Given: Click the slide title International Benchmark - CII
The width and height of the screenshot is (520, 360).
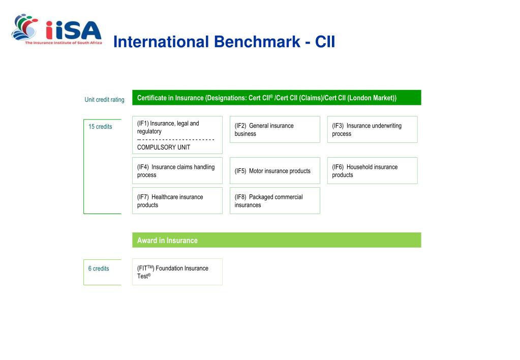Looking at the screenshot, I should (224, 42).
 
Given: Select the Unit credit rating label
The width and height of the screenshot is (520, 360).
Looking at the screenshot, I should (104, 100).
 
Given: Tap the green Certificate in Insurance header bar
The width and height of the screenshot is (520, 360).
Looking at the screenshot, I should (277, 98).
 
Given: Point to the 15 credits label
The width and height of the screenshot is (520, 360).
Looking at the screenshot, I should (100, 127).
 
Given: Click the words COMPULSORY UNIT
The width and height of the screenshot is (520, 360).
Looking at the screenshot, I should (164, 147).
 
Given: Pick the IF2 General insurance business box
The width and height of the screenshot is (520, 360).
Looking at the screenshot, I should (274, 130).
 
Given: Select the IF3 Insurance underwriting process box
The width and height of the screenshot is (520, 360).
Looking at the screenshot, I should (372, 130).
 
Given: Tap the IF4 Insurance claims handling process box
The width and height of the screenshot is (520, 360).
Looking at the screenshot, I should (177, 171).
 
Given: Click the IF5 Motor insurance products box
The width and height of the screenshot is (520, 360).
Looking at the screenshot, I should (274, 171).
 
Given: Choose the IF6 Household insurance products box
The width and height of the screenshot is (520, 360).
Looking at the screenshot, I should (372, 171).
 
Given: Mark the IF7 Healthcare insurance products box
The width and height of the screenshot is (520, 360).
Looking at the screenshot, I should (177, 201).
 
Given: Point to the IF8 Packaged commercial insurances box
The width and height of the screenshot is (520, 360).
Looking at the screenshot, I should (274, 201).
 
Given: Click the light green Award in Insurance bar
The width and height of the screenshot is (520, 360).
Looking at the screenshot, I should (277, 240).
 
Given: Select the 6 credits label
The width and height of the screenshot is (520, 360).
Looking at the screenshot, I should (99, 268).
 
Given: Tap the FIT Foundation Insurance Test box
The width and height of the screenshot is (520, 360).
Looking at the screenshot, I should (177, 272).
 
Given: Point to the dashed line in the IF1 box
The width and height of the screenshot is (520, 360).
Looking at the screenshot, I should (176, 139).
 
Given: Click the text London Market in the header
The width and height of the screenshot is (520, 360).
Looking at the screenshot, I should (371, 98).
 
